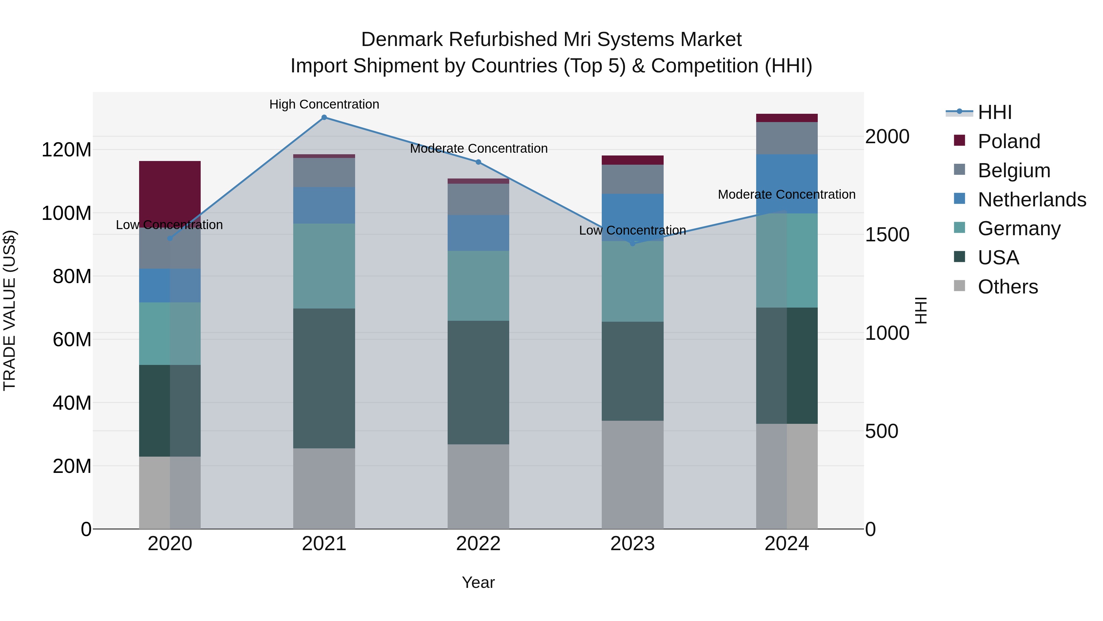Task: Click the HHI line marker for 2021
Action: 324,117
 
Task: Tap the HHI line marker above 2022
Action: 478,162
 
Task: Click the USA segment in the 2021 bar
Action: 324,378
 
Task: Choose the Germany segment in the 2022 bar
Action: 478,286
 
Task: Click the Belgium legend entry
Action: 1014,171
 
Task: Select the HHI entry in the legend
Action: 994,112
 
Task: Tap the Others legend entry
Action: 1007,287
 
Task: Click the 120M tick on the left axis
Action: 66,150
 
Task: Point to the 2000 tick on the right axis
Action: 887,137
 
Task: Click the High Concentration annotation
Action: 324,104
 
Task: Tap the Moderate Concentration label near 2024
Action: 787,194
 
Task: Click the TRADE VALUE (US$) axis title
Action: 9,310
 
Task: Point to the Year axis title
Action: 478,582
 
